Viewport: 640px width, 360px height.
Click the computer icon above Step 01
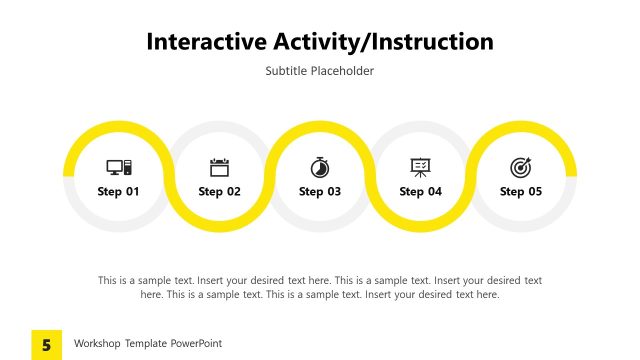click(119, 167)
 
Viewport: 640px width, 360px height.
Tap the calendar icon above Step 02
click(219, 167)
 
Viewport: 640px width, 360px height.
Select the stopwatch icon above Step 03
click(320, 167)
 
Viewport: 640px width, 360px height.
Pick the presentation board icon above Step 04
click(420, 167)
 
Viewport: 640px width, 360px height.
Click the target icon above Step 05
click(521, 167)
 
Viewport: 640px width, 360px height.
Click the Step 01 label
click(119, 191)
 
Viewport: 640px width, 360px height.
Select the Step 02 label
click(219, 191)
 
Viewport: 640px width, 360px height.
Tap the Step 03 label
click(320, 191)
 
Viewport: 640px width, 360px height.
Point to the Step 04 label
click(420, 191)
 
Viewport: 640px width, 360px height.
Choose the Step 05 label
click(521, 191)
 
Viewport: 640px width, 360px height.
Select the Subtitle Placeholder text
click(320, 71)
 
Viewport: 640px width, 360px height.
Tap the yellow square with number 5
click(46, 344)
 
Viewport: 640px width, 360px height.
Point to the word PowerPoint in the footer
click(195, 344)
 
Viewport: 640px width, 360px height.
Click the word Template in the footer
click(146, 344)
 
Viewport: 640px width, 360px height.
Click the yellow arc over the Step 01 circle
click(119, 126)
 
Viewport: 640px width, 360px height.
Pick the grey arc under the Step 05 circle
click(521, 228)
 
